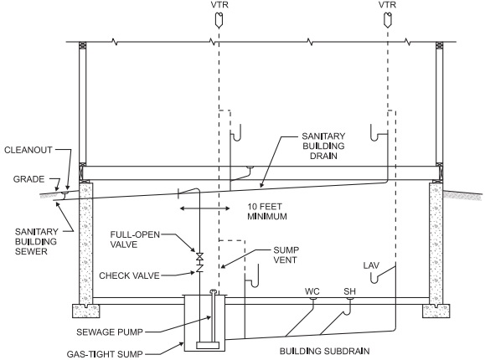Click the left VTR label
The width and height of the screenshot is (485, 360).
tap(219, 5)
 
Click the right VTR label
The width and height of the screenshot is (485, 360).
tap(387, 5)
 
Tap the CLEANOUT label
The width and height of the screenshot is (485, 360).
tap(28, 150)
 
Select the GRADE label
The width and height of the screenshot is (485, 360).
tap(28, 179)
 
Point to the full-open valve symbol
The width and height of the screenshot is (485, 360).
tap(200, 256)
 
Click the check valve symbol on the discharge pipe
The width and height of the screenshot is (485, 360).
tap(200, 268)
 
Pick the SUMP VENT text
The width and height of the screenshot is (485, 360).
tap(286, 255)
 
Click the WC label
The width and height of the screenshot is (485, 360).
tap(312, 291)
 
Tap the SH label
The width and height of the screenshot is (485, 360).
tap(350, 291)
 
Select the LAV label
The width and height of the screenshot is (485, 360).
tap(371, 265)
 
